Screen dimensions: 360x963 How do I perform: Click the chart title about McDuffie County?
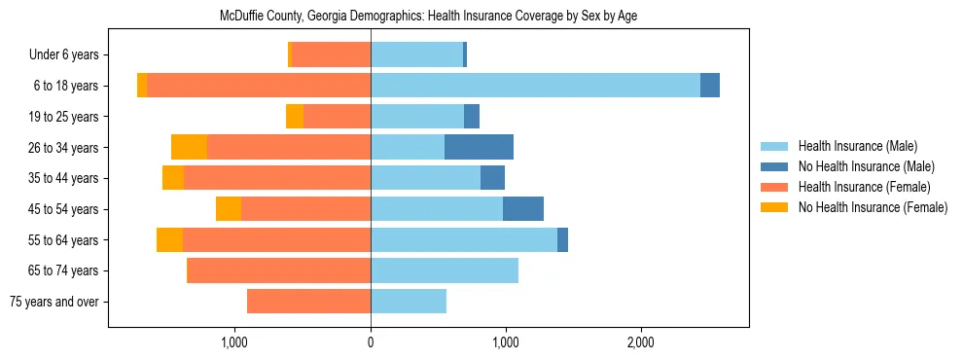(x=428, y=16)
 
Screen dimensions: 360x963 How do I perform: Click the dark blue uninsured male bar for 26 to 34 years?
(x=479, y=147)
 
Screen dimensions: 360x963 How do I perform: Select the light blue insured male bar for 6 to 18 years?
(x=535, y=86)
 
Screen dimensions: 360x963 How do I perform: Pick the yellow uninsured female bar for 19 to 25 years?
(x=295, y=117)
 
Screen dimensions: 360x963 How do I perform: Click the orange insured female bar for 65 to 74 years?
(x=278, y=270)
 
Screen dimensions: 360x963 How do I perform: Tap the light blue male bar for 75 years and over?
(x=409, y=302)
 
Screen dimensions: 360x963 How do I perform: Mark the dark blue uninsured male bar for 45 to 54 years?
(x=523, y=209)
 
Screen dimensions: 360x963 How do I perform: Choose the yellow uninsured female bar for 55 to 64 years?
(x=169, y=240)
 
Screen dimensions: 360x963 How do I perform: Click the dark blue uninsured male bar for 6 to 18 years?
(x=710, y=86)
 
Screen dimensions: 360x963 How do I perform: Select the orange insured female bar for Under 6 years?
(x=331, y=55)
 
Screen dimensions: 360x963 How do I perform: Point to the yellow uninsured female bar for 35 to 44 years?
(x=173, y=178)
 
